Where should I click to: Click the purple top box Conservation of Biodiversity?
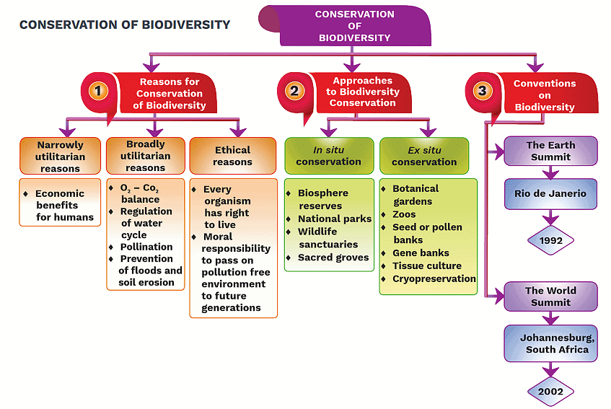click(354, 26)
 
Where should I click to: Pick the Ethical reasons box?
click(232, 156)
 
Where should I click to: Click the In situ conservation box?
click(329, 156)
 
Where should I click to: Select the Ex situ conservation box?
click(424, 156)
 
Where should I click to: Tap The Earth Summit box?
click(550, 151)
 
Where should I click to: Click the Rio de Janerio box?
click(550, 193)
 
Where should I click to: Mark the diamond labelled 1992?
click(550, 239)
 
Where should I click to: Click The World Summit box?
click(550, 296)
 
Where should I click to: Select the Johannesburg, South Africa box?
click(550, 343)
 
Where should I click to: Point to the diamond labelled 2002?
click(550, 392)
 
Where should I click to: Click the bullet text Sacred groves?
click(333, 258)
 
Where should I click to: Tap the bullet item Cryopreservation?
click(434, 278)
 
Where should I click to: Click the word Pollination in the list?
click(146, 247)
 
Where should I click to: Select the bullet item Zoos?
click(404, 214)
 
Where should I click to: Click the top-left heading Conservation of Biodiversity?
click(125, 25)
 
